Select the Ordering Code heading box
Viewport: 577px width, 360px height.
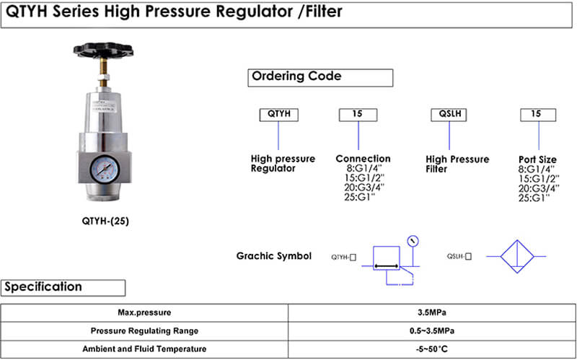click(320, 77)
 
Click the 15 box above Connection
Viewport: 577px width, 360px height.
click(358, 114)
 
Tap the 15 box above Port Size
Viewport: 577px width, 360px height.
click(537, 114)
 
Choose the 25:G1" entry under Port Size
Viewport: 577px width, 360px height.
click(534, 197)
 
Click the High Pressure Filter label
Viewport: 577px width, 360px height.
click(457, 164)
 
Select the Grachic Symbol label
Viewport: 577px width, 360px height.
click(274, 256)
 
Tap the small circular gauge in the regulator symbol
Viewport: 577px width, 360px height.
click(413, 241)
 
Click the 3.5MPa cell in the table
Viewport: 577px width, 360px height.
click(431, 313)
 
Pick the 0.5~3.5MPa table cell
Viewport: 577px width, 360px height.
click(431, 331)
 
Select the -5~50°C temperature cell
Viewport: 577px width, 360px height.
click(431, 349)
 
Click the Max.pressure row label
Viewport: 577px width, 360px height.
click(144, 313)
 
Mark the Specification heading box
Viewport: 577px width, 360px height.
click(63, 287)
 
